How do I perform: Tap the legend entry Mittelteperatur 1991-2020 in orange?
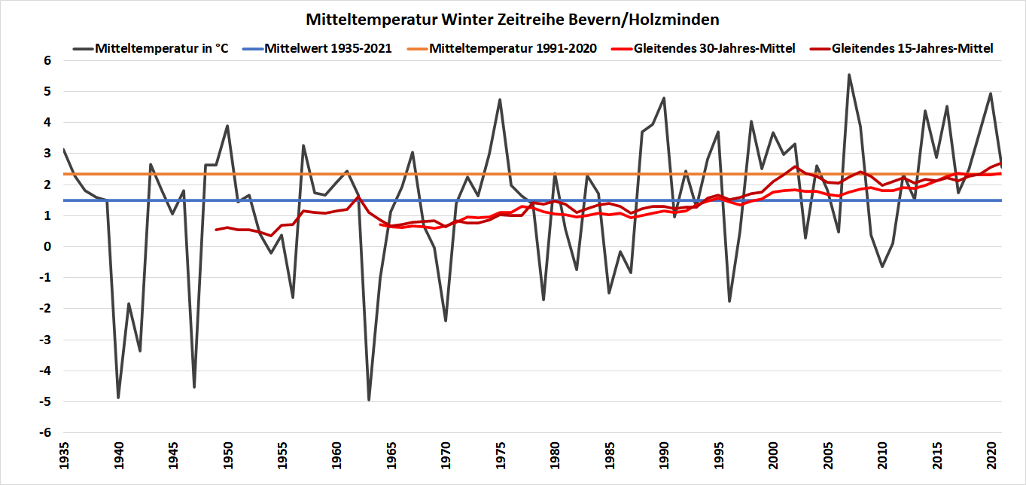tap(513, 48)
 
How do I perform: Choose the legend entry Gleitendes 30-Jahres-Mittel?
tap(714, 48)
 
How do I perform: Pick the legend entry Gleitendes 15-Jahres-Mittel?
tap(912, 48)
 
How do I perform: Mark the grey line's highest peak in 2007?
tap(849, 75)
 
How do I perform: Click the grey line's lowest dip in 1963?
tap(369, 400)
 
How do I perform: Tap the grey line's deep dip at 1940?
tap(118, 397)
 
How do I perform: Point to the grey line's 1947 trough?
tap(194, 387)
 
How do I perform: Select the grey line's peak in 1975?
tap(500, 99)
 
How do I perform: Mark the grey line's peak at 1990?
tap(663, 98)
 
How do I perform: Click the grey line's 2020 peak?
tap(991, 93)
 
